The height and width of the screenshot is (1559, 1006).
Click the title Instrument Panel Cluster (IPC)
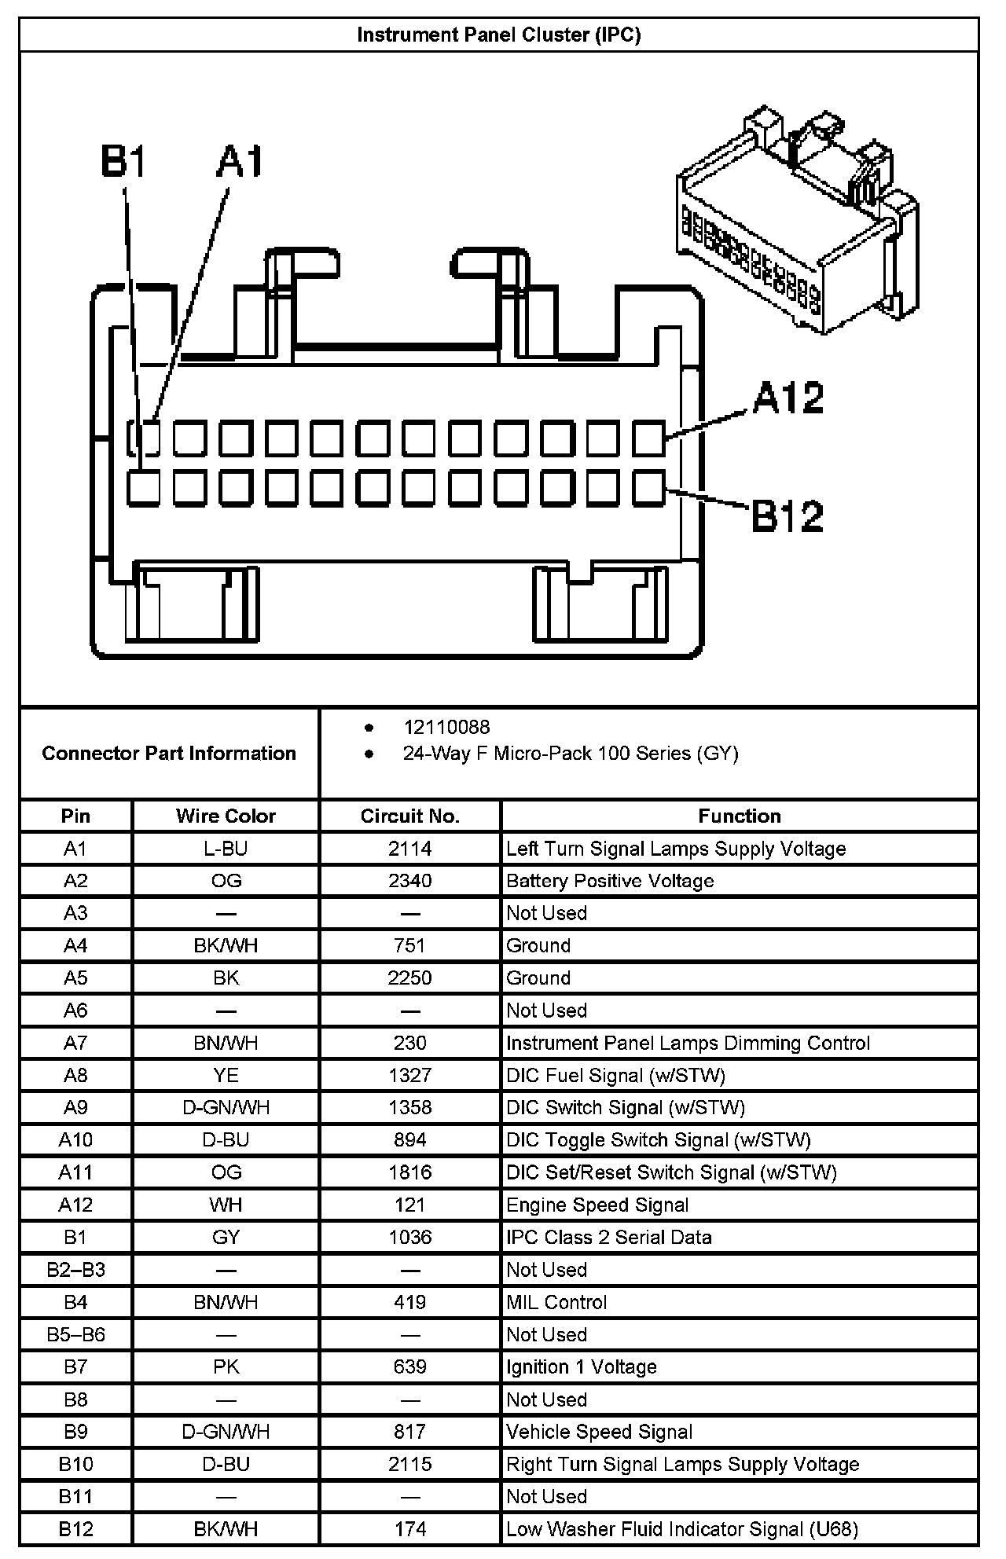[x=499, y=35]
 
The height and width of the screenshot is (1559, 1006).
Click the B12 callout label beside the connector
[x=788, y=516]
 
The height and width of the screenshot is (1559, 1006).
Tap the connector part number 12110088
[x=446, y=727]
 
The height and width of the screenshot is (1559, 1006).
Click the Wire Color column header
[x=226, y=816]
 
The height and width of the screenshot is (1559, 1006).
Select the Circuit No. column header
[x=409, y=816]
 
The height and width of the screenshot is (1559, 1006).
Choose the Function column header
[x=740, y=816]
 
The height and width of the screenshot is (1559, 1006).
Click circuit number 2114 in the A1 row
[x=409, y=849]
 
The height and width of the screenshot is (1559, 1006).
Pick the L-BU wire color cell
[x=226, y=849]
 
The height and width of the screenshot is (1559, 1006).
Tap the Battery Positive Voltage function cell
[x=610, y=881]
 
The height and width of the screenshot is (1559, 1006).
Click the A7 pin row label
[x=75, y=1043]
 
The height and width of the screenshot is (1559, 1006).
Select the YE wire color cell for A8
[x=226, y=1075]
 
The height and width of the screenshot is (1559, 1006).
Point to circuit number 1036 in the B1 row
[x=409, y=1238]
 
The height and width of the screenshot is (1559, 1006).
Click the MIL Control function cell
[x=556, y=1302]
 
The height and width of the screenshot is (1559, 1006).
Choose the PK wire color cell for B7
[x=226, y=1366]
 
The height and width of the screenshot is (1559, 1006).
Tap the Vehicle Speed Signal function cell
[x=599, y=1432]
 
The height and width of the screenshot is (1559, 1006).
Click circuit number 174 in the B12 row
[x=409, y=1528]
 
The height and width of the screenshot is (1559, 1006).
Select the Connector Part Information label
[x=169, y=754]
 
